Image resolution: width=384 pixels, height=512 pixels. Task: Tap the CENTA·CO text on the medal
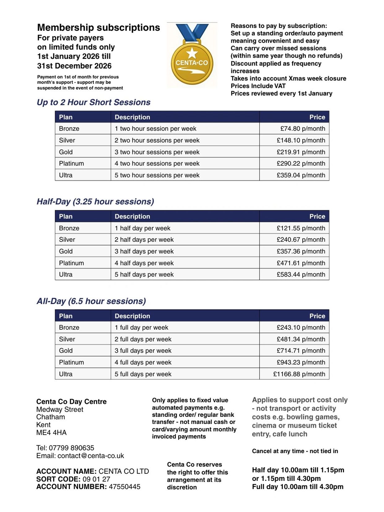192,63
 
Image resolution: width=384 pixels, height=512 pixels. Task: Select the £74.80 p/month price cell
303,129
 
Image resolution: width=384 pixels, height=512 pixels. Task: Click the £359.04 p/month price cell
301,175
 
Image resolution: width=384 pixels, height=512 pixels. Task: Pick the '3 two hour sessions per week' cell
157,152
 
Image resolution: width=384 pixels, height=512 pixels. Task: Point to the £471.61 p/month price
301,263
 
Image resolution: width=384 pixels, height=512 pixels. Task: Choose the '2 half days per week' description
144,240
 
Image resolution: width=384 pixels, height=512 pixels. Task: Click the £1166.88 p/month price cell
299,374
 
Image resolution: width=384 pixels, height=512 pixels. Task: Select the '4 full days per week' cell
143,362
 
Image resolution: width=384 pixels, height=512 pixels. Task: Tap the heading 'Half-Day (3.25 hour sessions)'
95,202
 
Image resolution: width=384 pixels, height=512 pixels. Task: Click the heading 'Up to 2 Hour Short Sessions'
94,102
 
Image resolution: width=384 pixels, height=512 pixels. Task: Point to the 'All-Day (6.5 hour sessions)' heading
91,301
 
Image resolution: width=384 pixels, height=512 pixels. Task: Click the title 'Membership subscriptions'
98,28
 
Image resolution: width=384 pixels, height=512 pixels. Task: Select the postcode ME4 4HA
51,433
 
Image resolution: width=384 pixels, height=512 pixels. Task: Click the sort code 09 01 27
96,479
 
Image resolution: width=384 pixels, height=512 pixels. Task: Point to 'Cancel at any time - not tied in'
295,451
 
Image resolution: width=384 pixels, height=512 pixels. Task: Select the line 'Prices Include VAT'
258,86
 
